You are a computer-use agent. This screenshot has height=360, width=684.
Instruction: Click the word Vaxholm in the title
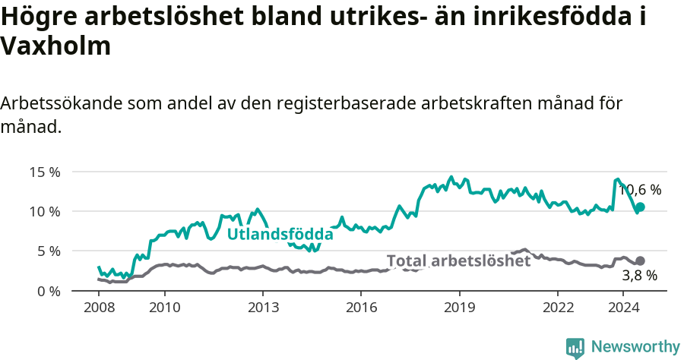pyautogui.click(x=56, y=47)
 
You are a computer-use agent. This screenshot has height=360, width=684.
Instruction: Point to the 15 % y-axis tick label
pyautogui.click(x=44, y=172)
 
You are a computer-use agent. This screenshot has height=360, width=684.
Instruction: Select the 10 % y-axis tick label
pyautogui.click(x=44, y=211)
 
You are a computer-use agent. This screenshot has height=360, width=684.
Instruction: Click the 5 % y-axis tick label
pyautogui.click(x=47, y=251)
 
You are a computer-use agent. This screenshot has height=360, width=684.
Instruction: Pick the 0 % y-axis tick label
pyautogui.click(x=47, y=291)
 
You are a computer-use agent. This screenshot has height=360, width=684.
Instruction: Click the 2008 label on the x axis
pyautogui.click(x=99, y=307)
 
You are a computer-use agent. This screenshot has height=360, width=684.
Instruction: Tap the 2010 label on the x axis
pyautogui.click(x=164, y=307)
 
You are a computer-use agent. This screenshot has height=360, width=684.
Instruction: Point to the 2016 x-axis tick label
pyautogui.click(x=361, y=307)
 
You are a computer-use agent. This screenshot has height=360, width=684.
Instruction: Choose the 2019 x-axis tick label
pyautogui.click(x=459, y=307)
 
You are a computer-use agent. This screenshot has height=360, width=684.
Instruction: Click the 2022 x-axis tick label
pyautogui.click(x=557, y=307)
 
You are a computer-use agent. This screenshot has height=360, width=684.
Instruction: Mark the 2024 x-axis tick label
pyautogui.click(x=622, y=307)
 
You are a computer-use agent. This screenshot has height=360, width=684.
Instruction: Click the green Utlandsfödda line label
pyautogui.click(x=280, y=234)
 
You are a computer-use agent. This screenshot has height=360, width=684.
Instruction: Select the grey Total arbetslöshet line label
pyautogui.click(x=458, y=261)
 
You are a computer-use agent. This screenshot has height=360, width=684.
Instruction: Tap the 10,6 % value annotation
pyautogui.click(x=640, y=190)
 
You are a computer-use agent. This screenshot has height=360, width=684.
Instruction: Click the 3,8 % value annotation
pyautogui.click(x=639, y=276)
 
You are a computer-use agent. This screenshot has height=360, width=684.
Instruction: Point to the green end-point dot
pyautogui.click(x=640, y=207)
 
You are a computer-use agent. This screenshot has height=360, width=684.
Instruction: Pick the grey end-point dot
pyautogui.click(x=640, y=261)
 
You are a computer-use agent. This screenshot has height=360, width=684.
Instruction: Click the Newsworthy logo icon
pyautogui.click(x=575, y=348)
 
